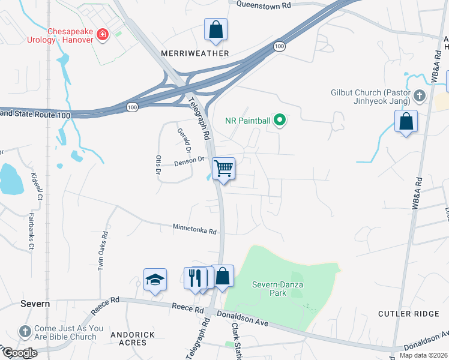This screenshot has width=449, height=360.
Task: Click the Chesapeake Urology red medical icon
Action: point(103,34)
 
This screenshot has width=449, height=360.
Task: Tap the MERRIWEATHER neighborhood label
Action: point(195,53)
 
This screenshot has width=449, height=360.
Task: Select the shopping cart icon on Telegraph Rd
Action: point(223,169)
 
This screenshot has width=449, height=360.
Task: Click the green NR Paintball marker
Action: point(279,121)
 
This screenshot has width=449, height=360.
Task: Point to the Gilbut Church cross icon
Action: point(419,95)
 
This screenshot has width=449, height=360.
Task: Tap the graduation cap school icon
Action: point(155,279)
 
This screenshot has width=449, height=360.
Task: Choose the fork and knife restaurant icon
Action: point(194,278)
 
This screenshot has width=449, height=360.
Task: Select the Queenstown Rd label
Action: point(264,4)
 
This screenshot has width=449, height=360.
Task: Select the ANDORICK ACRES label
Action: point(132,338)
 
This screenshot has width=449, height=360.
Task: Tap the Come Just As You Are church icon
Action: point(25,331)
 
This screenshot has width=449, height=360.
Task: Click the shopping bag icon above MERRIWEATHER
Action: point(215,29)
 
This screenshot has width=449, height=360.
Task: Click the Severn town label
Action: point(35,304)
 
